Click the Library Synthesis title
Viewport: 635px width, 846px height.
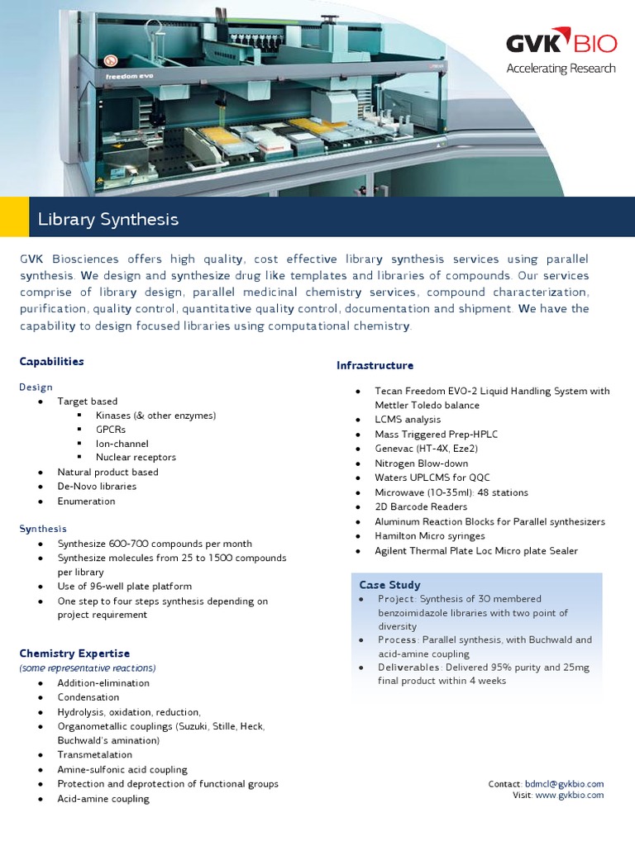click(x=107, y=219)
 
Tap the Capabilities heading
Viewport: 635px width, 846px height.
click(x=51, y=361)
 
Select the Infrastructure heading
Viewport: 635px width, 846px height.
click(x=375, y=365)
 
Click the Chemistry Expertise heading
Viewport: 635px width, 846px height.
click(x=74, y=654)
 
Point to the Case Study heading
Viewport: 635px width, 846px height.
click(x=389, y=584)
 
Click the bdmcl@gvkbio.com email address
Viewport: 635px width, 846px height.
click(x=564, y=784)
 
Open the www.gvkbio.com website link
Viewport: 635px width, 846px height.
click(x=569, y=796)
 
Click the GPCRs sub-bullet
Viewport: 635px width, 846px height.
click(x=111, y=430)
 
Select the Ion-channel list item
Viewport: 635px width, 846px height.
click(x=122, y=444)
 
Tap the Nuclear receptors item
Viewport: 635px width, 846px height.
click(x=136, y=458)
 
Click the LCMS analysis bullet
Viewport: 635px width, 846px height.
click(x=408, y=420)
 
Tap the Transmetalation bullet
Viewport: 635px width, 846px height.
click(x=94, y=755)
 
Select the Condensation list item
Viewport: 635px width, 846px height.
click(x=88, y=697)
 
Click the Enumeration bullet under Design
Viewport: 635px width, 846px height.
click(x=86, y=501)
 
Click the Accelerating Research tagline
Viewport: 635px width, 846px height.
click(x=561, y=68)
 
